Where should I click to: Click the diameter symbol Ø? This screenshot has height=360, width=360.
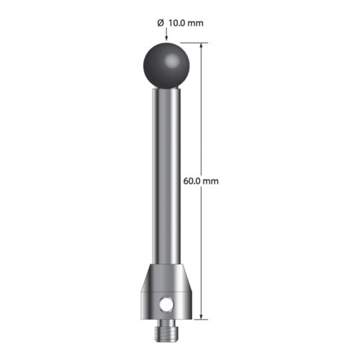(160, 23)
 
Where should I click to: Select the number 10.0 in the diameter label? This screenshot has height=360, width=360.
(177, 23)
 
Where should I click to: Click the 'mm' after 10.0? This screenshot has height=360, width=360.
(197, 23)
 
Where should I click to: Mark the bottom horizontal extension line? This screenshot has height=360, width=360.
(193, 318)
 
